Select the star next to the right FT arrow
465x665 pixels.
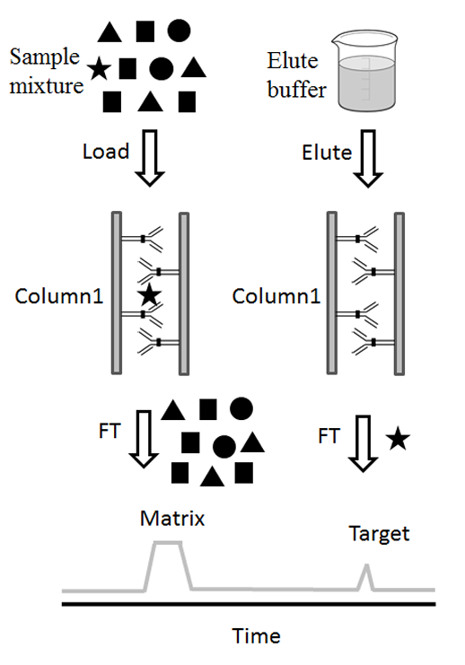pyautogui.click(x=398, y=439)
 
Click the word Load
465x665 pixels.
pyautogui.click(x=106, y=152)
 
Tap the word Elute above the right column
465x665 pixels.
pyautogui.click(x=327, y=152)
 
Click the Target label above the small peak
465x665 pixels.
pyautogui.click(x=378, y=534)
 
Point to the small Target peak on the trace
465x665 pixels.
pyautogui.click(x=366, y=576)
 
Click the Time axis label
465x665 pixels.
pyautogui.click(x=256, y=636)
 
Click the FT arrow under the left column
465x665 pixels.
pyautogui.click(x=143, y=440)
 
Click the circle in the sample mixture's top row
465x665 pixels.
pyautogui.click(x=178, y=31)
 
